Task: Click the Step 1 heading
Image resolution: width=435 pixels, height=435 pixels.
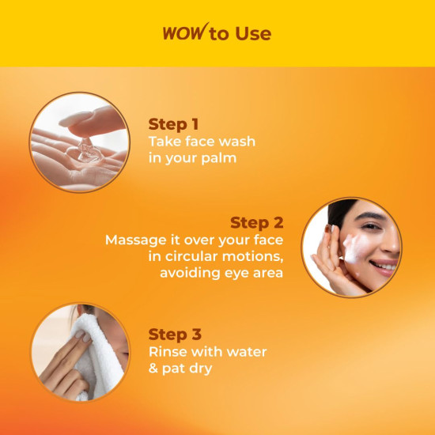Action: point(173,124)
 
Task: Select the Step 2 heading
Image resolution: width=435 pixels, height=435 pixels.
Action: point(256,222)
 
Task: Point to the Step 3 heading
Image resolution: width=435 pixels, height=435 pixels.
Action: point(173,335)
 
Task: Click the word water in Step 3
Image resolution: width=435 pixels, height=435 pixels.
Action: point(244,351)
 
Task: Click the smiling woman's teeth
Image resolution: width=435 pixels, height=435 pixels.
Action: point(384,267)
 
